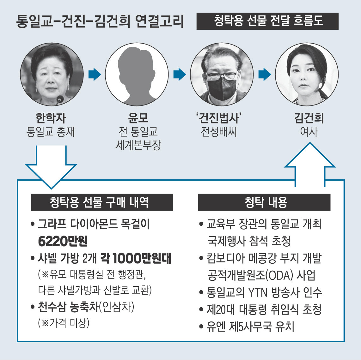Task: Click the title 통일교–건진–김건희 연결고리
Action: (x=100, y=22)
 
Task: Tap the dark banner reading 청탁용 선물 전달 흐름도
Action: (x=267, y=21)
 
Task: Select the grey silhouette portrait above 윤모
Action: (x=137, y=75)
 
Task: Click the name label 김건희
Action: (x=309, y=118)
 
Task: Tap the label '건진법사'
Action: (x=219, y=118)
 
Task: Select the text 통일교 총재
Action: (x=51, y=131)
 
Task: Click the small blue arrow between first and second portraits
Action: (x=95, y=75)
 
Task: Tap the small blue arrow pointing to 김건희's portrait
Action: (x=265, y=75)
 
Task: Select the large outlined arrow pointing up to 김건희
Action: (x=310, y=164)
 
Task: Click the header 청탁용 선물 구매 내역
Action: (x=102, y=202)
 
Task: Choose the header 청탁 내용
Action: (x=264, y=202)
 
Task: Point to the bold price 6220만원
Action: (x=63, y=242)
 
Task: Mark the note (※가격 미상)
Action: (x=64, y=323)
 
